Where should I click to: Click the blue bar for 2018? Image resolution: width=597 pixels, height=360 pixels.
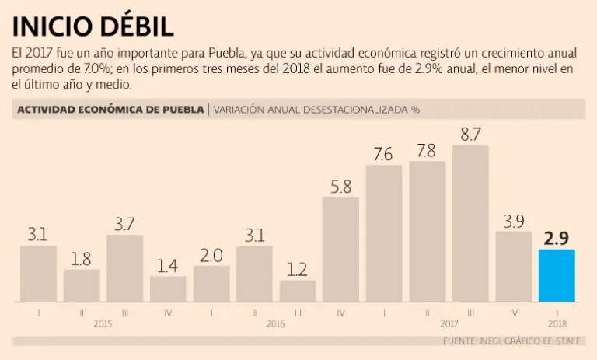(x=557, y=275)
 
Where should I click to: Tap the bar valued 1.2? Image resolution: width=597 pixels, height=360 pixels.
(x=298, y=291)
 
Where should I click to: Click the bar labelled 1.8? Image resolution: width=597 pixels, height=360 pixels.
(x=82, y=285)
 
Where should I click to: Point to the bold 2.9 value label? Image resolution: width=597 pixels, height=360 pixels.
(x=557, y=238)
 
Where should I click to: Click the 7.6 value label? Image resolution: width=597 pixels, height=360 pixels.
(x=383, y=154)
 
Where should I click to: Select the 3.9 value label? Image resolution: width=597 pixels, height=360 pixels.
(x=513, y=221)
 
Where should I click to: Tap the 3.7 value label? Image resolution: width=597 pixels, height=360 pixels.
(x=124, y=224)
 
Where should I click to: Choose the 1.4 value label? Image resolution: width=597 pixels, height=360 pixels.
(x=168, y=266)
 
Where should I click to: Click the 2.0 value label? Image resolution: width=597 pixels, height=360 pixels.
(x=211, y=255)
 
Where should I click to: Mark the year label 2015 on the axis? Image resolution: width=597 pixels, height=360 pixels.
(x=103, y=323)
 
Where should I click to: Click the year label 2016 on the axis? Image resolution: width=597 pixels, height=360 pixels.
(x=276, y=323)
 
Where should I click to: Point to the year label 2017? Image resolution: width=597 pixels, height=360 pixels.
(x=449, y=323)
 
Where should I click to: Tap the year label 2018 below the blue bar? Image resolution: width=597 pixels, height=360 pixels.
(x=557, y=323)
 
